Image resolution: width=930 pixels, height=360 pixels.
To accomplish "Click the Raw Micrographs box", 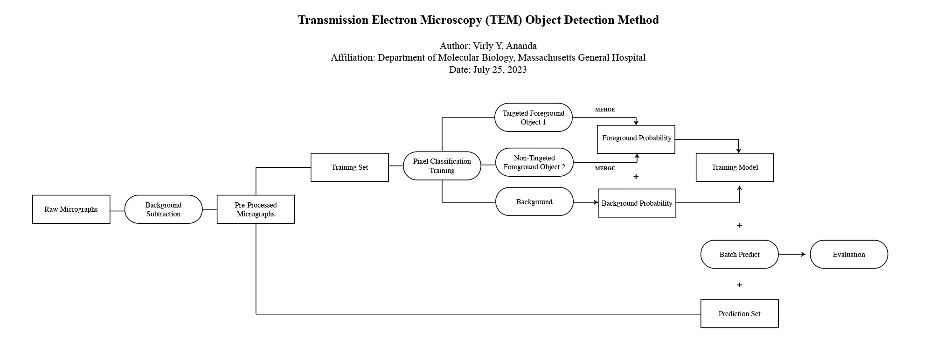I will [x=71, y=209].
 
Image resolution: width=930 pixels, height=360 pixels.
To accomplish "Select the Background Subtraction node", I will [x=163, y=209].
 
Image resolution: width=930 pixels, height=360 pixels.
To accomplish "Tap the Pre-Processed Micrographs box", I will [x=256, y=209].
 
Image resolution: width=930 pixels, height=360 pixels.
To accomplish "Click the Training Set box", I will [x=349, y=167].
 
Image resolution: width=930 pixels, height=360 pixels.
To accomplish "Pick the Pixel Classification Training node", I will [x=442, y=166].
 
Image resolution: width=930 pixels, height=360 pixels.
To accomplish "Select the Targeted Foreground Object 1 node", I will [x=533, y=118].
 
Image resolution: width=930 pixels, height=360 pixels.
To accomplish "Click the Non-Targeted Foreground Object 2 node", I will [x=534, y=162].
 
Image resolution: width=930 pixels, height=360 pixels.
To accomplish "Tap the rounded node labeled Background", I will [x=534, y=202].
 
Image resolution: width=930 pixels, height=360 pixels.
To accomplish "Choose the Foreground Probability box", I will [x=636, y=139].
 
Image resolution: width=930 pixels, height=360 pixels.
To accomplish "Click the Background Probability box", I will [x=637, y=203].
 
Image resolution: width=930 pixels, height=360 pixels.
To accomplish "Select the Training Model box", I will [x=735, y=167].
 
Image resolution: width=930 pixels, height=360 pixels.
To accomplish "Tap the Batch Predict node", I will [x=739, y=255].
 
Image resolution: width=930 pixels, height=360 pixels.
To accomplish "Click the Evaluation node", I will [x=848, y=255].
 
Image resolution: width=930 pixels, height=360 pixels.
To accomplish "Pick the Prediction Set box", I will [x=739, y=314].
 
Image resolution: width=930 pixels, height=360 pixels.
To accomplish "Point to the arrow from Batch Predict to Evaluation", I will [x=793, y=254].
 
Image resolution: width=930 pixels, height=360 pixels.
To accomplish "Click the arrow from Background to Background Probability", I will [x=585, y=202].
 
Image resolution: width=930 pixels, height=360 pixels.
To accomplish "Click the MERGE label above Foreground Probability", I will [x=605, y=110].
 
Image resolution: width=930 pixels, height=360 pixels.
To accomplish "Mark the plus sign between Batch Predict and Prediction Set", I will [x=739, y=285].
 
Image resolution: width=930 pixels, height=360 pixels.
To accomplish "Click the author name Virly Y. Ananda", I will [x=505, y=46].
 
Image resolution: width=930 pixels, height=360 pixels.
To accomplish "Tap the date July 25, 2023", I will [x=500, y=69].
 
